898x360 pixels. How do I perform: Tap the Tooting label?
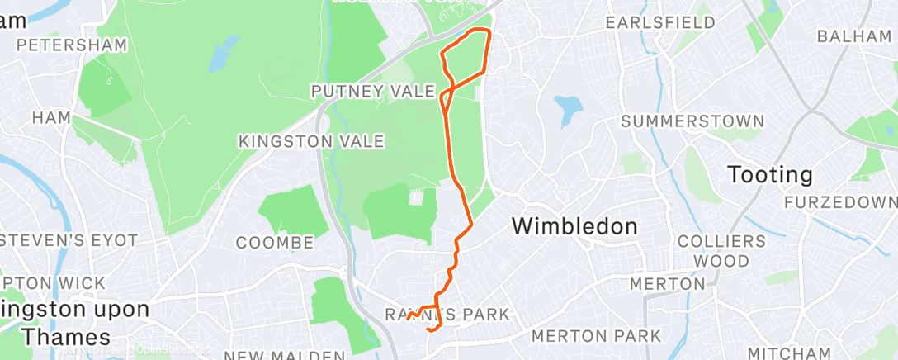770,175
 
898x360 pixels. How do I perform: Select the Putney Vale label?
372,91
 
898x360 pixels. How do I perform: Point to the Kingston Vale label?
311,142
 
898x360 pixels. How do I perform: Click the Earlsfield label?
660,22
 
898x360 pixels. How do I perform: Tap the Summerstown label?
692,121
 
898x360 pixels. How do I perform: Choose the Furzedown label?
840,202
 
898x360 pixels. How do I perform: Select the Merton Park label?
596,336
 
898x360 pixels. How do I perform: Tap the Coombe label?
275,243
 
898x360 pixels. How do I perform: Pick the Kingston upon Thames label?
74,323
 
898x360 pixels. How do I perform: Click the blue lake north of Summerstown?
568,110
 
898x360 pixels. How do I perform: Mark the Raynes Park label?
447,315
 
